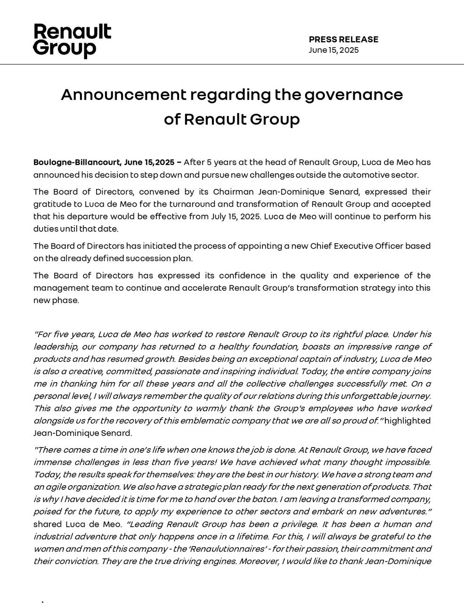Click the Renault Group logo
tap(72, 41)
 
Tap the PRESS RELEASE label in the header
tap(343, 40)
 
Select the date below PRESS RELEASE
tap(334, 50)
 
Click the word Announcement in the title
tap(123, 95)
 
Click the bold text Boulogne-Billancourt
tap(77, 163)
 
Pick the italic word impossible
tap(406, 462)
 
